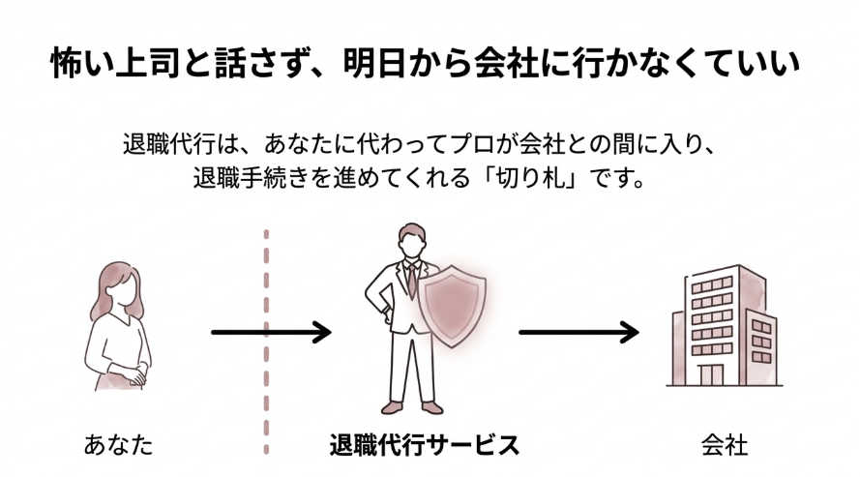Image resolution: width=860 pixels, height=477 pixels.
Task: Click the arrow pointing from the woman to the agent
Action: pos(271,333)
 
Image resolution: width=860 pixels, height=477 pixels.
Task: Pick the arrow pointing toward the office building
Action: pos(578,333)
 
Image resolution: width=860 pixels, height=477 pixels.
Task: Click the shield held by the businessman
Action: pos(460,306)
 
